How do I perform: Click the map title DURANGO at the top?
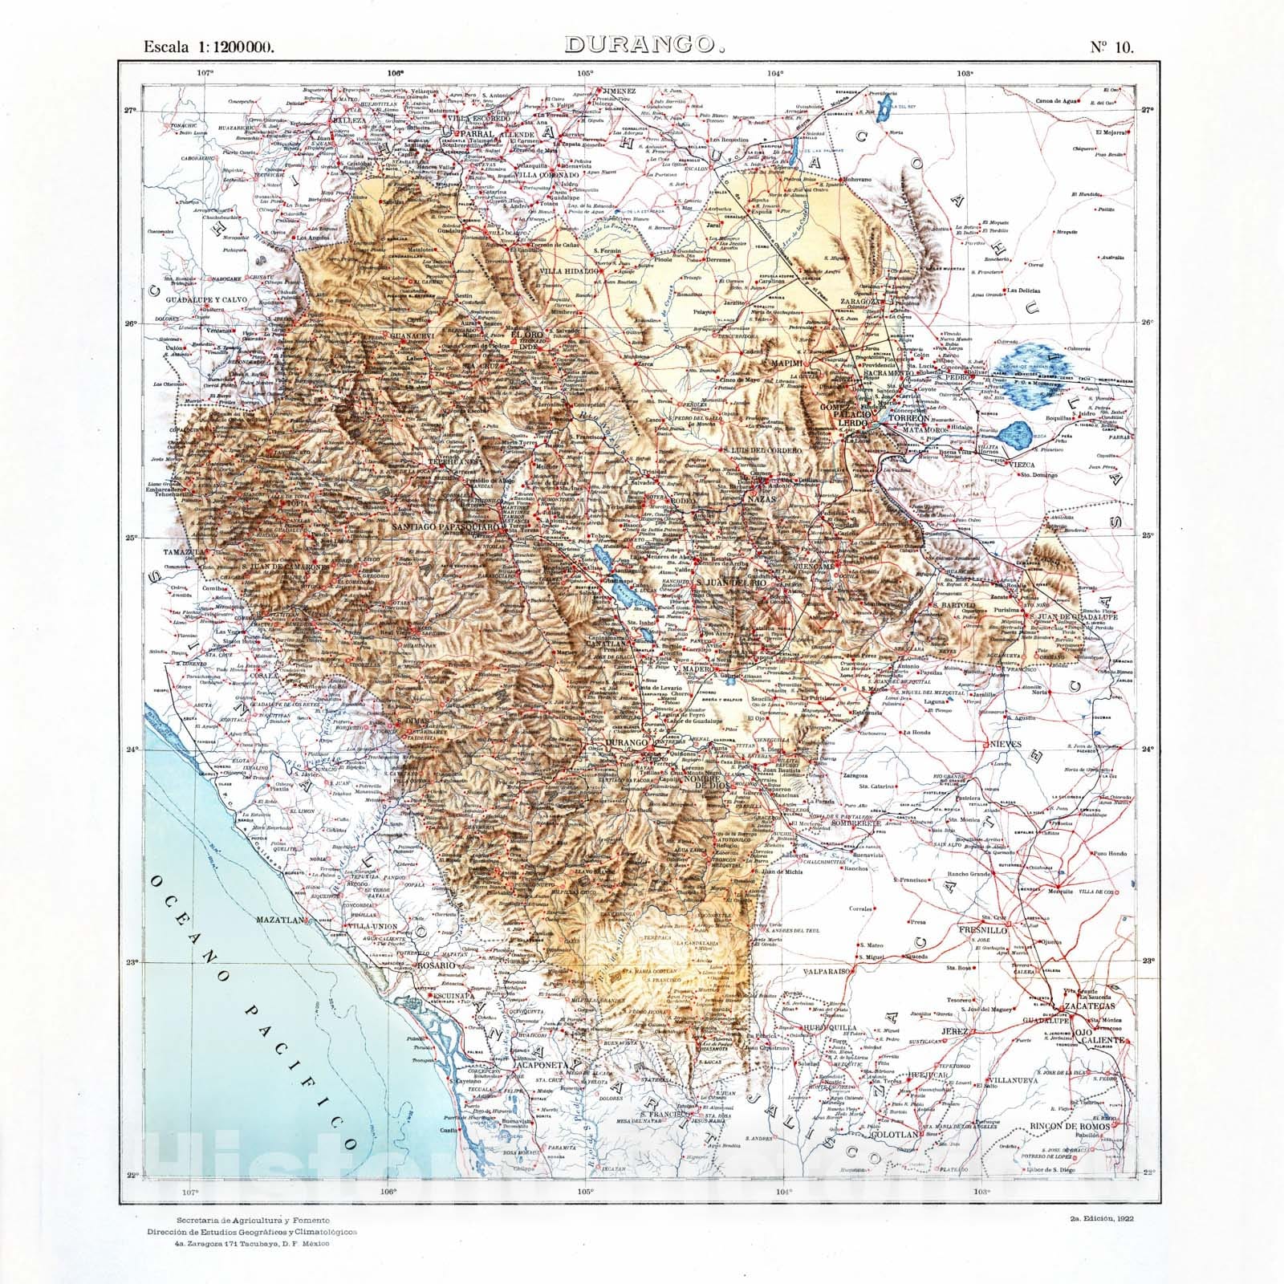click(x=640, y=45)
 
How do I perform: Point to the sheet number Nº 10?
click(x=1112, y=46)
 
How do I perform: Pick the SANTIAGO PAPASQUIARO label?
click(x=446, y=525)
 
